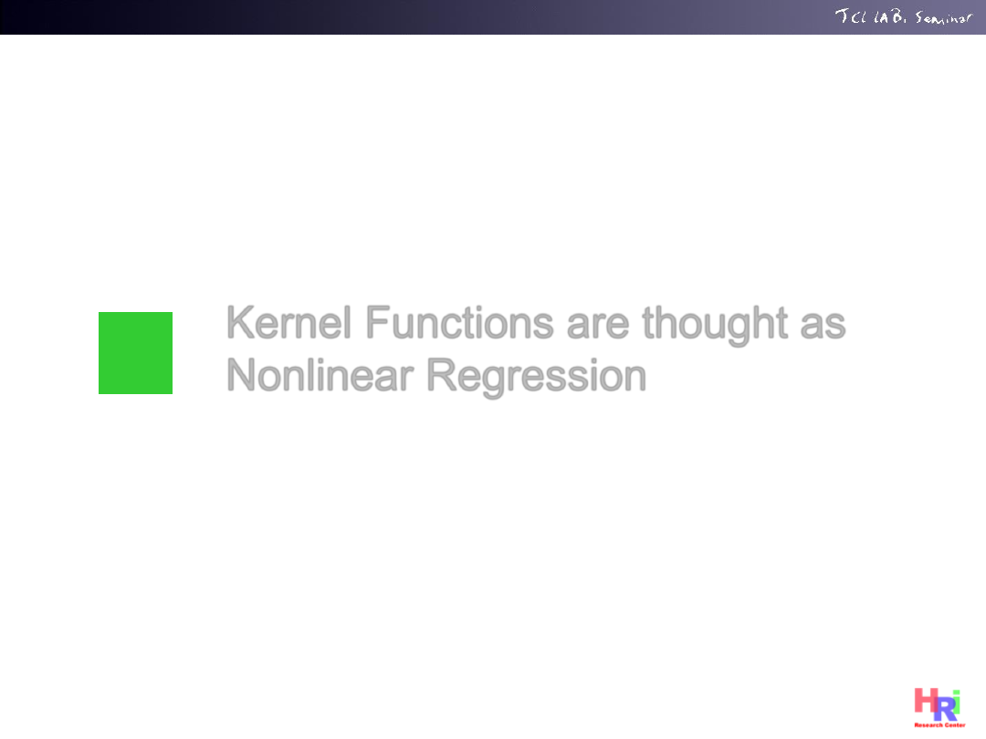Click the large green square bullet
(135, 352)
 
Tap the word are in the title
(597, 326)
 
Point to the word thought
(714, 325)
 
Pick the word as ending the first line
(823, 326)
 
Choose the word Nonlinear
(320, 375)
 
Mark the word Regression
(537, 377)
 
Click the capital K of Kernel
(239, 322)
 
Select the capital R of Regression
(442, 375)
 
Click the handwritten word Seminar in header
(943, 17)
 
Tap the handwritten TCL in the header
(851, 16)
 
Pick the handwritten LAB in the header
(890, 16)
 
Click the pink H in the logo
(926, 700)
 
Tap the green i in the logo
(956, 702)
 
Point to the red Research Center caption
(939, 725)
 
